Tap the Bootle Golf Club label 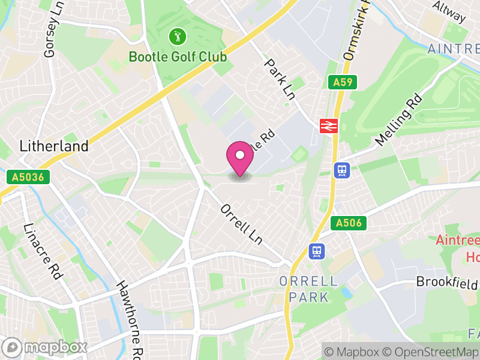(x=178, y=57)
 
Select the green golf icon (x=176, y=37)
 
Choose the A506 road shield (x=348, y=223)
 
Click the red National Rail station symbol (x=328, y=125)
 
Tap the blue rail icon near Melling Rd (x=342, y=170)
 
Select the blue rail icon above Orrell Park (x=316, y=251)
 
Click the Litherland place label (x=54, y=146)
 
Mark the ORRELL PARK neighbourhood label (x=308, y=289)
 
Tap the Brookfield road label (x=448, y=281)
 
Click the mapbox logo (x=46, y=347)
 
